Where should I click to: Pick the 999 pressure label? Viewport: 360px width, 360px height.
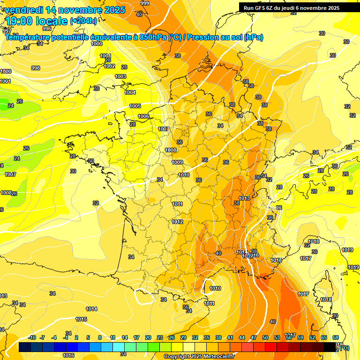point(145,3)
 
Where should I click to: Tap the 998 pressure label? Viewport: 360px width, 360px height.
point(36,68)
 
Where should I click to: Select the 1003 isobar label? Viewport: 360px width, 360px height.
point(120,76)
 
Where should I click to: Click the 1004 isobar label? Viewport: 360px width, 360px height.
point(130,92)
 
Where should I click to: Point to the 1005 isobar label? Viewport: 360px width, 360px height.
point(135,106)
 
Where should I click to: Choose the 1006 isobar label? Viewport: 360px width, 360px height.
point(143,116)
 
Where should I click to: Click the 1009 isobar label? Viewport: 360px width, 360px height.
point(177,162)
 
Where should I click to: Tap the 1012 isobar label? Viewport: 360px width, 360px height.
point(177,222)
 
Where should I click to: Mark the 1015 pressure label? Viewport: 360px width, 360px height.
point(81,319)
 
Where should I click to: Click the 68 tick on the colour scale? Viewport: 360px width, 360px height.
point(336,337)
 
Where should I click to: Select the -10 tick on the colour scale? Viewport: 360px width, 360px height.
point(32,337)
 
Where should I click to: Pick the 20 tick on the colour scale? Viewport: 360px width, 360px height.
point(148,337)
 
